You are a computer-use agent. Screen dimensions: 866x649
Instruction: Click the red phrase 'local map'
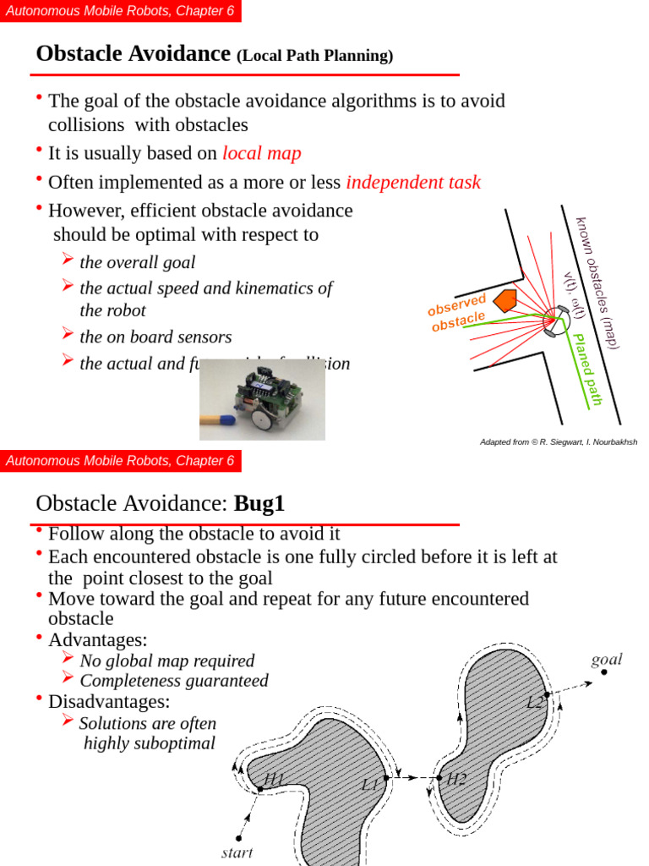pos(261,153)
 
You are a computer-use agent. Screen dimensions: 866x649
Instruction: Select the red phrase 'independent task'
pos(413,182)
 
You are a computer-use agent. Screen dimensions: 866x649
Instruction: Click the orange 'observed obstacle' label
pos(457,313)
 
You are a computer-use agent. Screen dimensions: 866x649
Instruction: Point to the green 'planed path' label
pos(587,369)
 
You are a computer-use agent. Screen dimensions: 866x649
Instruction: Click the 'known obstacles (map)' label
pos(598,282)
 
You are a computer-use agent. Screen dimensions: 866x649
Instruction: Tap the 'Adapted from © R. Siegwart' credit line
pos(558,441)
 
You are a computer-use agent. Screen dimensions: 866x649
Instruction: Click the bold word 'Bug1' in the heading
pos(259,504)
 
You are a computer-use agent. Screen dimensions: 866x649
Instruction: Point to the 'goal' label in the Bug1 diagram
pos(606,659)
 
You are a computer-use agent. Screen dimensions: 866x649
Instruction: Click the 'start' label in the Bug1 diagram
pos(237,852)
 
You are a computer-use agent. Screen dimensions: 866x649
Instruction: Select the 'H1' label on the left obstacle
pos(275,779)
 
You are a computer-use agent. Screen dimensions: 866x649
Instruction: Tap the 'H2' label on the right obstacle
pos(456,779)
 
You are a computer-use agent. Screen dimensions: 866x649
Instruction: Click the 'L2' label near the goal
pos(535,702)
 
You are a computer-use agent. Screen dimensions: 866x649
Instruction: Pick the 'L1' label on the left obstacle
pos(369,784)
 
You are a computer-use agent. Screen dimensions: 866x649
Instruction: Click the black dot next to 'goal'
pos(603,672)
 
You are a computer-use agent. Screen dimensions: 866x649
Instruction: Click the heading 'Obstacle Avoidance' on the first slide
pos(133,54)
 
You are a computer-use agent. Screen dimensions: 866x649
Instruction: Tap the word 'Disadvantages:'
pos(109,701)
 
